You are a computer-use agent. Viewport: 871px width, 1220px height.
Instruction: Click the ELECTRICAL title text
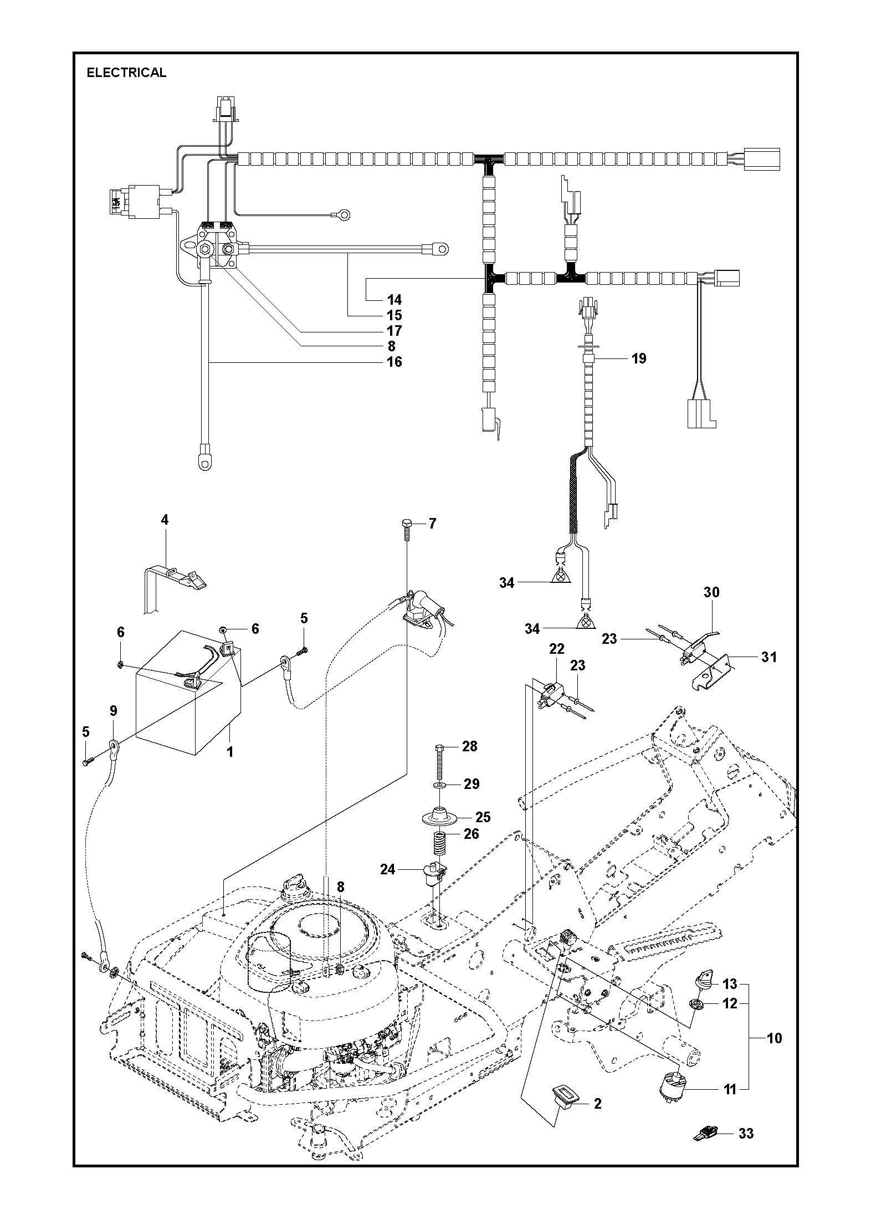pyautogui.click(x=126, y=73)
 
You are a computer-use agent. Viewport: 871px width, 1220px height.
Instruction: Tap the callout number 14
pyautogui.click(x=394, y=300)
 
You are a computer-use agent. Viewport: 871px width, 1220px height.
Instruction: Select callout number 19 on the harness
pyautogui.click(x=639, y=358)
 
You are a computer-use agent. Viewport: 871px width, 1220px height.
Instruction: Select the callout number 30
pyautogui.click(x=711, y=592)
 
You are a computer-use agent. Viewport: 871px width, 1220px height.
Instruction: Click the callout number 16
pyautogui.click(x=394, y=362)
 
